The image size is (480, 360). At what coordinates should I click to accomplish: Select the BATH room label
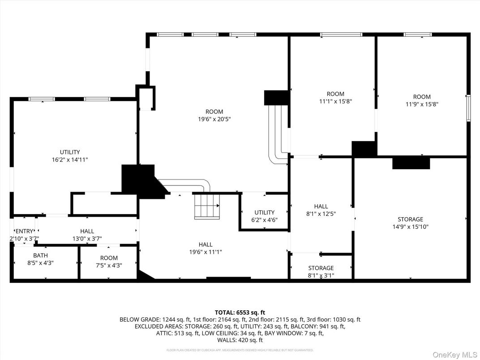coord(40,256)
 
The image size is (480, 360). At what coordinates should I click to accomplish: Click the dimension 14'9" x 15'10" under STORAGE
coord(410,227)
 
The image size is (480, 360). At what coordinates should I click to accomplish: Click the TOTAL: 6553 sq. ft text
coord(240,312)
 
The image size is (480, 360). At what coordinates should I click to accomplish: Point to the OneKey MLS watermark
coord(454,354)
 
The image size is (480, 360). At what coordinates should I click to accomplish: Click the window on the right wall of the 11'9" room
coord(468,107)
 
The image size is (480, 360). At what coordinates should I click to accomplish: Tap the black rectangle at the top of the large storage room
coord(411,163)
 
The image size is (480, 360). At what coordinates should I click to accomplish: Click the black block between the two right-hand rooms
coord(363,149)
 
